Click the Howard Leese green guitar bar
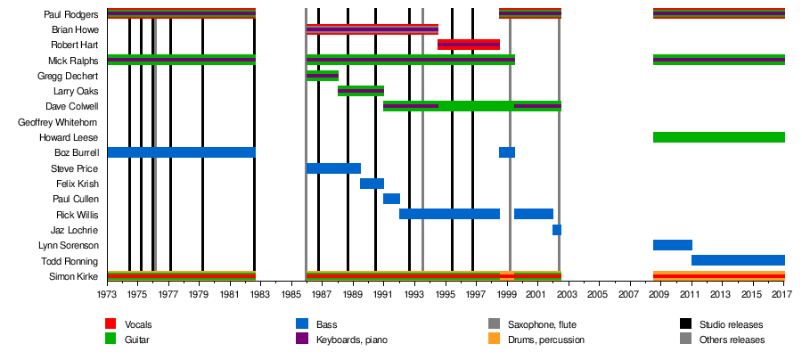pos(718,137)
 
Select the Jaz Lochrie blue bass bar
pos(557,230)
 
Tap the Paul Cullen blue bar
pos(391,199)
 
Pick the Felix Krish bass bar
pos(372,184)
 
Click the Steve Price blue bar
pos(333,168)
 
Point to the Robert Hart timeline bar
pos(469,45)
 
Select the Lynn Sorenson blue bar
pos(672,245)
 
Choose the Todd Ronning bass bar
pos(738,260)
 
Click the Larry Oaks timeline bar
pos(361,91)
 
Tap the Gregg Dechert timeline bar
pos(322,76)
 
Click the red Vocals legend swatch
pos(110,324)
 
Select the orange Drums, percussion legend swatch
pos(494,340)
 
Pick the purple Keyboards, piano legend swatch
pos(301,340)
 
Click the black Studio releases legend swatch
pos(684,324)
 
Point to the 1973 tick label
pos(108,293)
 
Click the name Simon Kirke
pos(74,276)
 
